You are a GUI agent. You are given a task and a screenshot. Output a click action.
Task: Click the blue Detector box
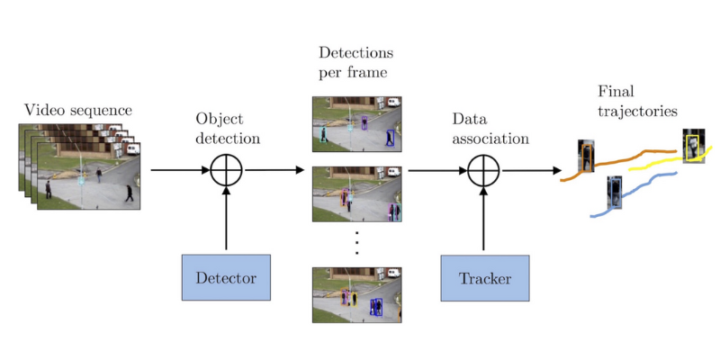[226, 278]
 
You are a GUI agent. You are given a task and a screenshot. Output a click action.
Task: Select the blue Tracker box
[484, 278]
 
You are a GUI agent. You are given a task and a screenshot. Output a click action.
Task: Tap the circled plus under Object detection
[226, 169]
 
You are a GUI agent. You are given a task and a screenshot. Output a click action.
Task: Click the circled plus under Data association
[484, 169]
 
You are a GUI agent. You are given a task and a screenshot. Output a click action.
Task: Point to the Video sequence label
[78, 111]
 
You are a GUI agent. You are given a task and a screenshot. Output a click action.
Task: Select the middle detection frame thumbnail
[356, 193]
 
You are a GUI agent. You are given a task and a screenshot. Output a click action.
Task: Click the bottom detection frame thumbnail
[356, 294]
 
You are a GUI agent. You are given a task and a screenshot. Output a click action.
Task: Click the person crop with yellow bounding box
[693, 146]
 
